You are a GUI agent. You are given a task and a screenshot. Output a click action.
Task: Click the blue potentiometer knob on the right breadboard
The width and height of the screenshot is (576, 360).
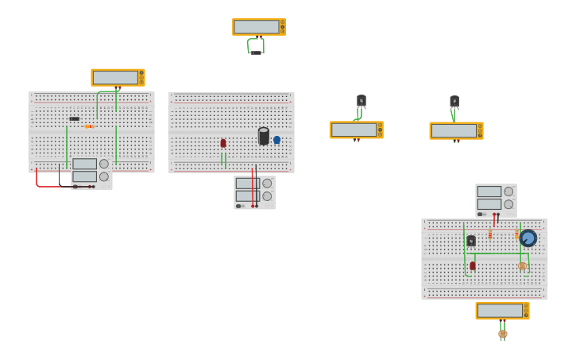528,238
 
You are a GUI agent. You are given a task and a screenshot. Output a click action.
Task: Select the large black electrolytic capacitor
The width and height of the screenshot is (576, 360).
264,136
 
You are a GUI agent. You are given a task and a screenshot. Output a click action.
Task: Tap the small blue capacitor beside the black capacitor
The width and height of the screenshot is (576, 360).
276,140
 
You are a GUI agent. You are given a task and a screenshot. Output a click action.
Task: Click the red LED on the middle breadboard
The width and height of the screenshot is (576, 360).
223,143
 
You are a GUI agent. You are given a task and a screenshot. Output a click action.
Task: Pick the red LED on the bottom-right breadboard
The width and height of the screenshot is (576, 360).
473,265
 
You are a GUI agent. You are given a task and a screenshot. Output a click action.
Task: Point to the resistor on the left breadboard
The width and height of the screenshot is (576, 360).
89,126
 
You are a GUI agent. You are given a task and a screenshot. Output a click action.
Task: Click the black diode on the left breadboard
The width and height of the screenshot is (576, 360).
74,118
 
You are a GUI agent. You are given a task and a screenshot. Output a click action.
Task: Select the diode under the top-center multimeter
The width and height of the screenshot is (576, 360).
256,52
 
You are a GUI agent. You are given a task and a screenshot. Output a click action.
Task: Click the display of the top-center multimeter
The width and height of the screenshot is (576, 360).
256,27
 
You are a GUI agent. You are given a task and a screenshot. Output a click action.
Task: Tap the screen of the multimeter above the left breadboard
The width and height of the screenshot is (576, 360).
115,78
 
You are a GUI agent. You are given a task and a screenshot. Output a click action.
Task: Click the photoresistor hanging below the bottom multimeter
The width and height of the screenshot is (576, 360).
502,334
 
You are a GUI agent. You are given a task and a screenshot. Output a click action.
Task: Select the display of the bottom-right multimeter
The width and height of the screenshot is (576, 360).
500,311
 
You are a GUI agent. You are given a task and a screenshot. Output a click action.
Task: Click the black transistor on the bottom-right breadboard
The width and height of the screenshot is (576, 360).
471,241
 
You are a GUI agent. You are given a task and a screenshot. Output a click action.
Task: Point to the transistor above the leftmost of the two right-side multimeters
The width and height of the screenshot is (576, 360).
361,101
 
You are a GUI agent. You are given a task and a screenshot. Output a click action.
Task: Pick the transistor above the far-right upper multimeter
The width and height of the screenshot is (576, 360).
454,102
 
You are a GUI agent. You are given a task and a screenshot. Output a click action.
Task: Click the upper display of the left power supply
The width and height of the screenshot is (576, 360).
84,165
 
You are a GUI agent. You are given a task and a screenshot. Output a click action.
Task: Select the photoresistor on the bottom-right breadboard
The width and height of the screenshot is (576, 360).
522,266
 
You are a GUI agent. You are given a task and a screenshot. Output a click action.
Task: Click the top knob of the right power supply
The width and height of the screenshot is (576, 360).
508,192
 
